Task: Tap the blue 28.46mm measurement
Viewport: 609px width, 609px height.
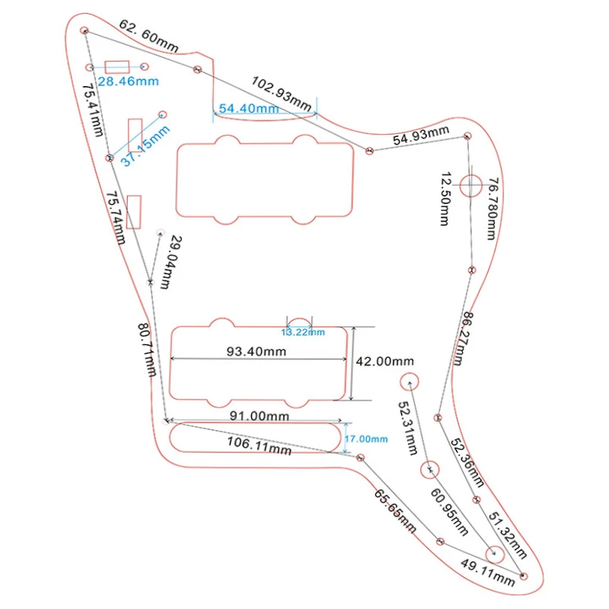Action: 128,81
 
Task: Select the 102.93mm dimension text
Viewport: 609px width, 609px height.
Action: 282,93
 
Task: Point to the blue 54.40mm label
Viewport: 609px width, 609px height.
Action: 248,108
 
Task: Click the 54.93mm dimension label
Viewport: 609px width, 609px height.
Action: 421,137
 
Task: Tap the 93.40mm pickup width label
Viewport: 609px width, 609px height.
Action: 257,352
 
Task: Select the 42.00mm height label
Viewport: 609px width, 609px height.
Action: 386,361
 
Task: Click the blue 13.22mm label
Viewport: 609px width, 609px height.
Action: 303,332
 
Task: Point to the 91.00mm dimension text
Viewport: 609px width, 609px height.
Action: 260,416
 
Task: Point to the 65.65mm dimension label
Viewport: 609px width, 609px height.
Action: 394,511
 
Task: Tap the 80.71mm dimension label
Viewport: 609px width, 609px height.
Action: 147,349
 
